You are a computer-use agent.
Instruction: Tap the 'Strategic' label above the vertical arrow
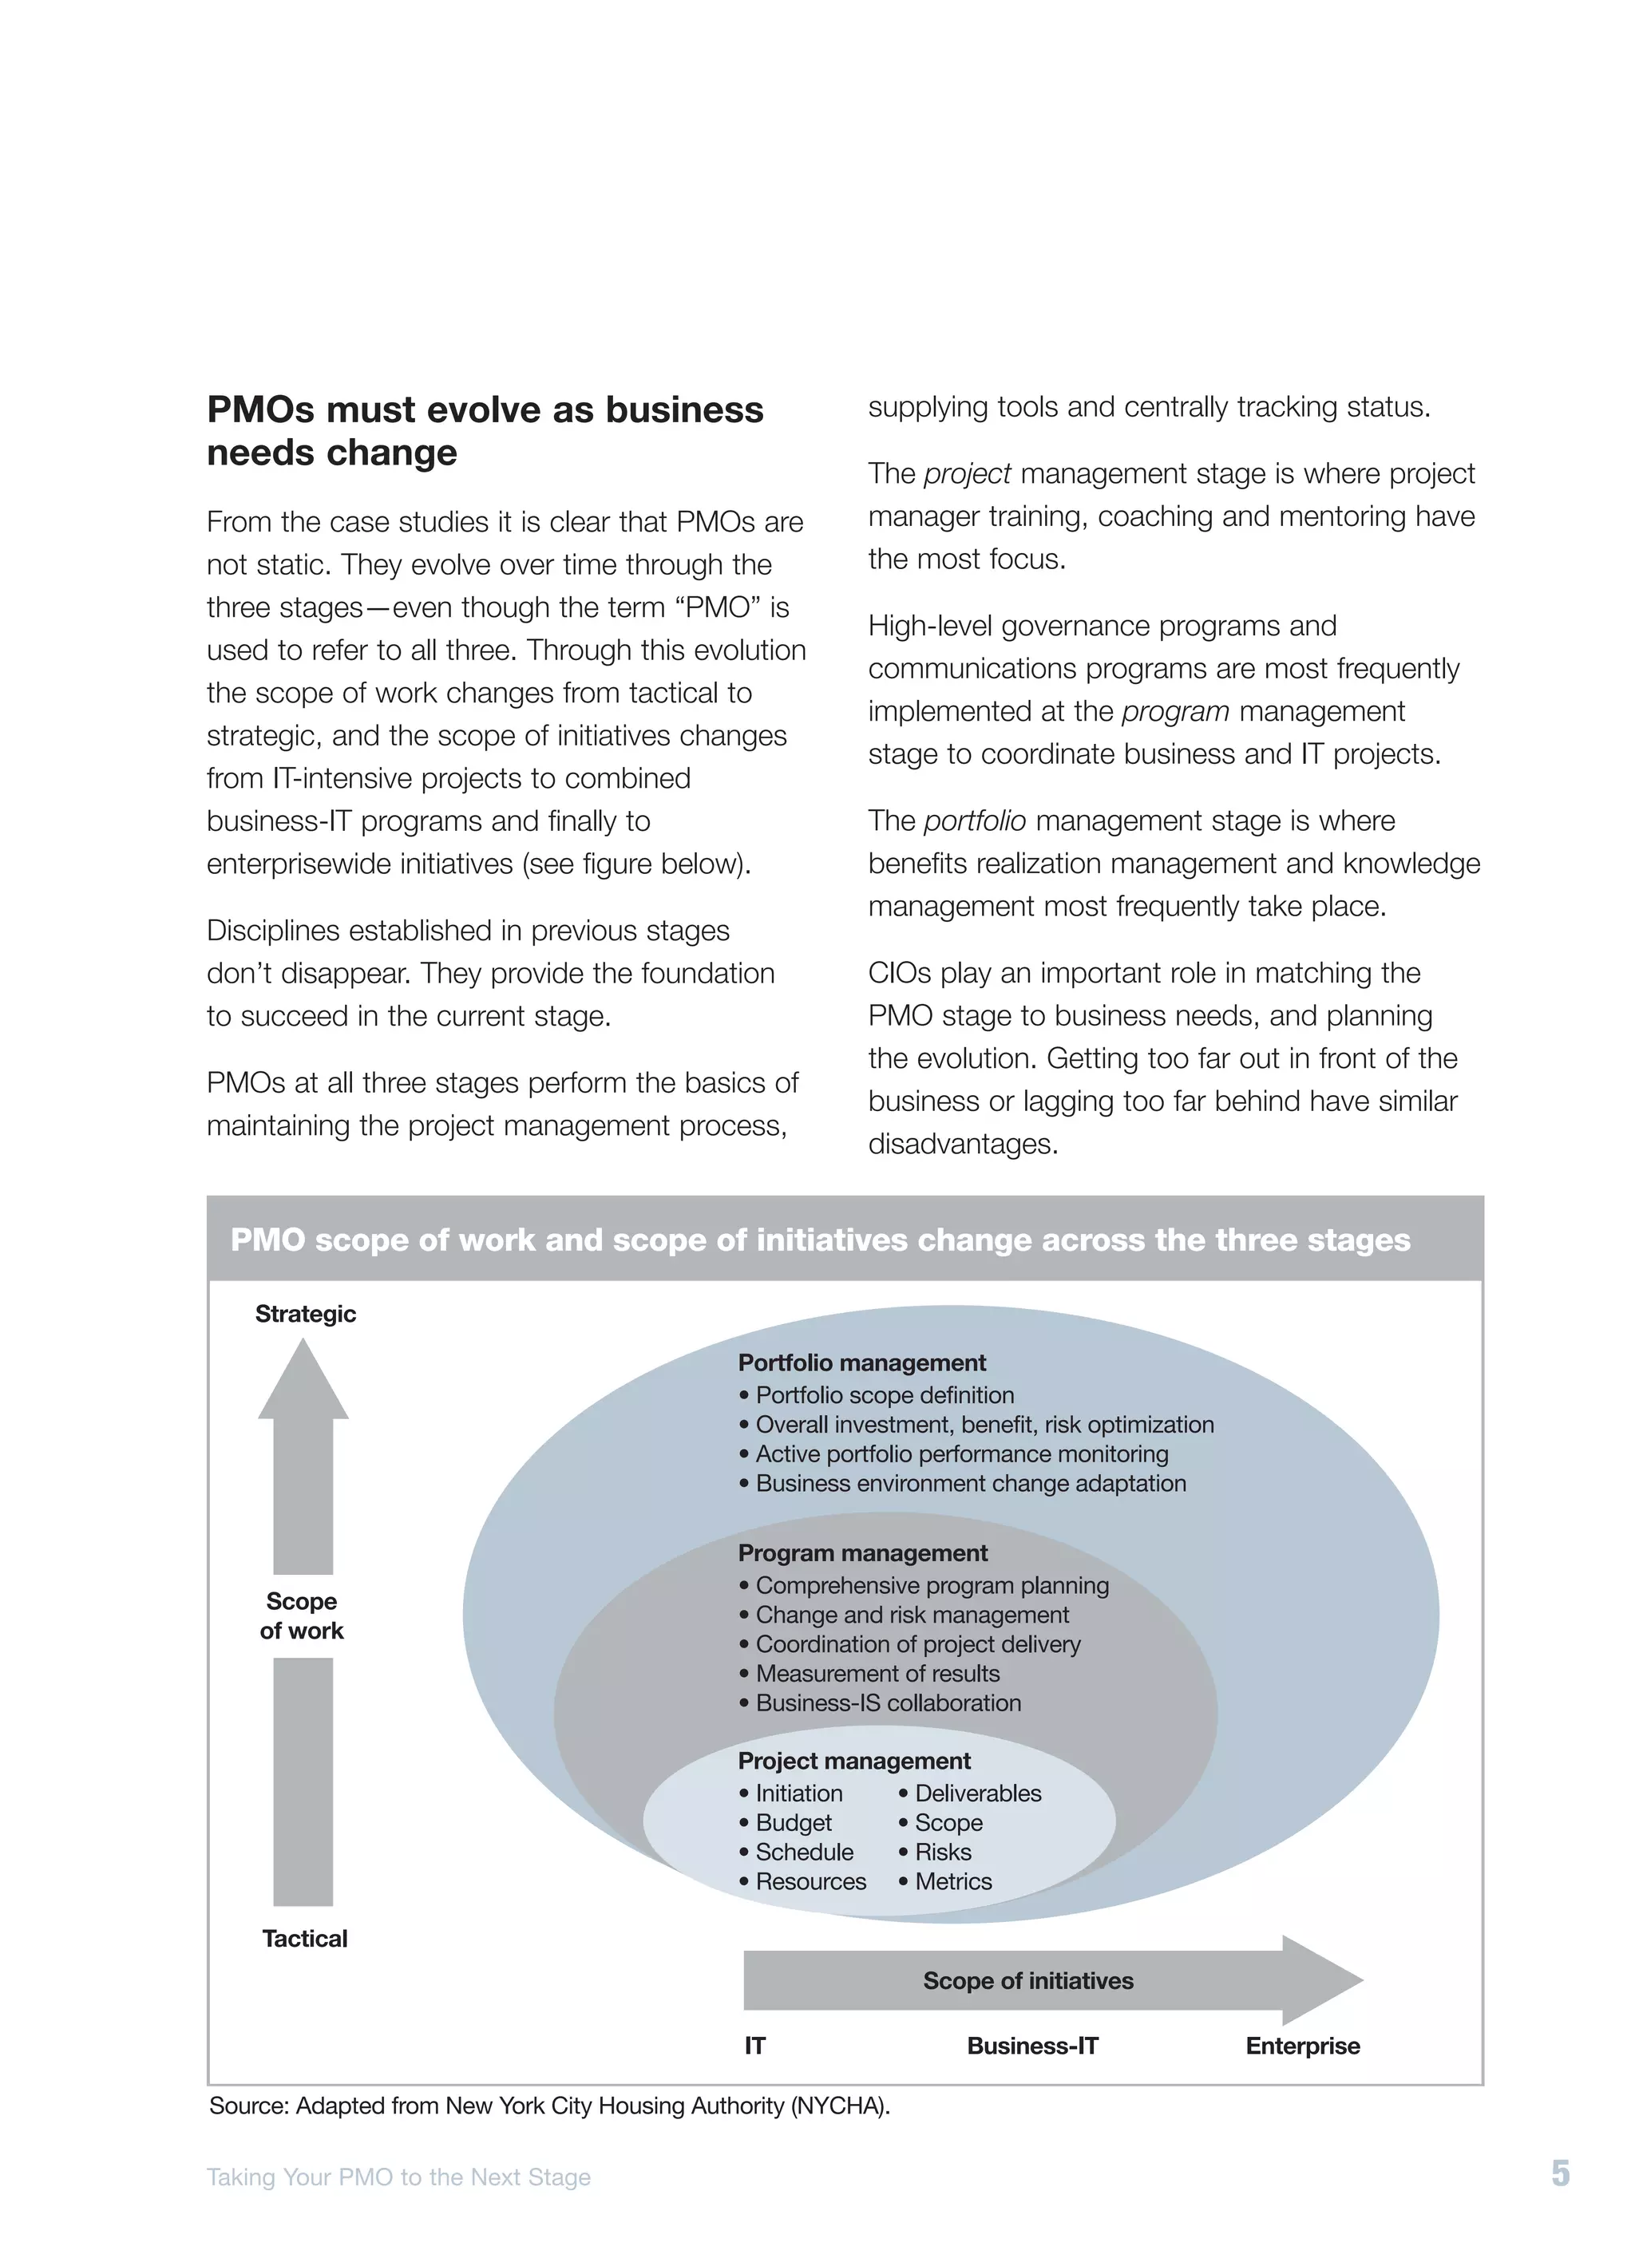click(x=305, y=1314)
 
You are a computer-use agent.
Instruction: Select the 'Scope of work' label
click(x=302, y=1615)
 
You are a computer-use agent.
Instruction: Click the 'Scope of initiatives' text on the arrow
click(x=1027, y=1980)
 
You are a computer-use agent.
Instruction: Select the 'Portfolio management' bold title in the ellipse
click(x=861, y=1362)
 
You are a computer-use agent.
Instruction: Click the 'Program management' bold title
click(x=862, y=1552)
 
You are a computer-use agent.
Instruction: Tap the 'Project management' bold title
click(x=853, y=1760)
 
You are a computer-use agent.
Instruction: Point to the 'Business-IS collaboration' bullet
click(x=887, y=1702)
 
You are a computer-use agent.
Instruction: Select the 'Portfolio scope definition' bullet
click(x=884, y=1395)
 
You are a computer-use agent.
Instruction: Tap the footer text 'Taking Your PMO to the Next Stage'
click(x=398, y=2177)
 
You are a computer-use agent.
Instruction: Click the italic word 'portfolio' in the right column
click(x=973, y=821)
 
